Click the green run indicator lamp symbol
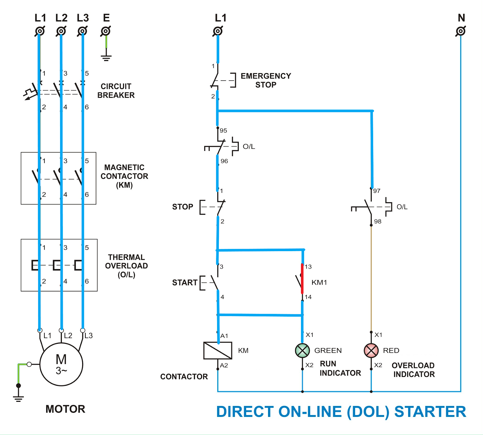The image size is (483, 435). pos(302,350)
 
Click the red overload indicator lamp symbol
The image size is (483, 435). pos(371,350)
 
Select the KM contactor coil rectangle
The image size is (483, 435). pos(218,350)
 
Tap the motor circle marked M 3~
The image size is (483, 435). pos(61,364)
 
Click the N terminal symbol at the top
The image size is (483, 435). pos(461,31)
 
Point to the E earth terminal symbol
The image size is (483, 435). pos(106,31)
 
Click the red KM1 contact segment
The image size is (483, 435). pos(302,279)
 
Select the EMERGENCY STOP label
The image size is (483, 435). pos(266,80)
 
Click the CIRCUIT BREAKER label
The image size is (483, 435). pos(116,91)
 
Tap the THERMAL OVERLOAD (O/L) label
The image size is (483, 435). pos(126,266)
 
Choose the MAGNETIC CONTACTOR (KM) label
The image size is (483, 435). pos(124,176)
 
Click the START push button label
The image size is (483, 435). pos(184,283)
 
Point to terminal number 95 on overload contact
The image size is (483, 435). pos(223,130)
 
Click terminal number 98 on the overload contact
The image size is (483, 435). pos(378,221)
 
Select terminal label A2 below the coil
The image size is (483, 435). pos(224,365)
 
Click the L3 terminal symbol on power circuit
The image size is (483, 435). pos(82,31)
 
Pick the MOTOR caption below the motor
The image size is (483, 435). pos(65,409)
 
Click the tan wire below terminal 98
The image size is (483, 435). pos(371,278)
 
